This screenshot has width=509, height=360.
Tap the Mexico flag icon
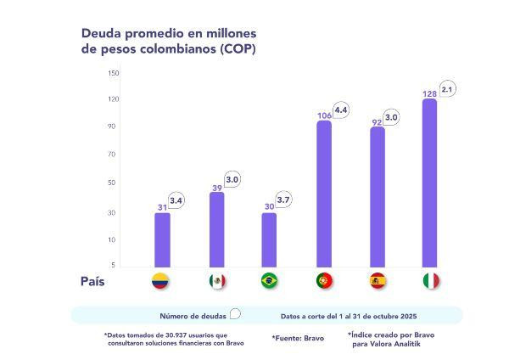coord(216,281)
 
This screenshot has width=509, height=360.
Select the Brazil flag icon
coord(269,281)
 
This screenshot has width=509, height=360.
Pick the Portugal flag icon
coord(324,281)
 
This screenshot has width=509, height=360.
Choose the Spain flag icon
coord(378,281)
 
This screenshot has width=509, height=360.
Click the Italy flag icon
coord(430,281)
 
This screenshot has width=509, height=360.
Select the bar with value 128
coord(430,183)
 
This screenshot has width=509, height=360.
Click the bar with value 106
coord(324,194)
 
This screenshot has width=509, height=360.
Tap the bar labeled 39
coord(216,229)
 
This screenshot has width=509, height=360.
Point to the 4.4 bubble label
coord(341,109)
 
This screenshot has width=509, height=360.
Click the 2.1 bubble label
coord(447,87)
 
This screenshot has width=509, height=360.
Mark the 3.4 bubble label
coord(177,201)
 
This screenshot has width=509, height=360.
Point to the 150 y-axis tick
coord(114,72)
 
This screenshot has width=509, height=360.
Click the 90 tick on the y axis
coord(114,127)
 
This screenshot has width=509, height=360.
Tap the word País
coord(93,281)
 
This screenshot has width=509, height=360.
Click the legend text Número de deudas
coord(193,315)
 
